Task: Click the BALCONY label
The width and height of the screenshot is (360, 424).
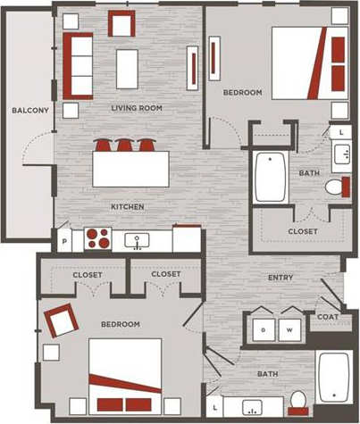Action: (30, 111)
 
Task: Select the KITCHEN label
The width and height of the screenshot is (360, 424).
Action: (128, 207)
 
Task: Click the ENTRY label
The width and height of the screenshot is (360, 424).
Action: (280, 278)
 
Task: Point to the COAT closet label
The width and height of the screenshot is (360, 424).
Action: (327, 317)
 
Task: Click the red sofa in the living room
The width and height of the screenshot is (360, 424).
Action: (77, 65)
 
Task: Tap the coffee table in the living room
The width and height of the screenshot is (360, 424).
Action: (127, 69)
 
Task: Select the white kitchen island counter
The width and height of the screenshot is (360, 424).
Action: (130, 169)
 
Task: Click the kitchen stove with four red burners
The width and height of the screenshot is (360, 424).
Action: (96, 239)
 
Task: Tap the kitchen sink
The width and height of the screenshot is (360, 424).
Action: (137, 240)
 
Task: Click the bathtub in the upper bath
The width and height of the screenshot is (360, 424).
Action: (269, 178)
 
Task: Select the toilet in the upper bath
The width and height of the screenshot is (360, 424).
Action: (335, 187)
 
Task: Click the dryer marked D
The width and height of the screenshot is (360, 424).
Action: (264, 328)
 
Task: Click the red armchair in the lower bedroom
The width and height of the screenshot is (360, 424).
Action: (62, 320)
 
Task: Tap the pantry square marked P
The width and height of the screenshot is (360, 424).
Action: (64, 240)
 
